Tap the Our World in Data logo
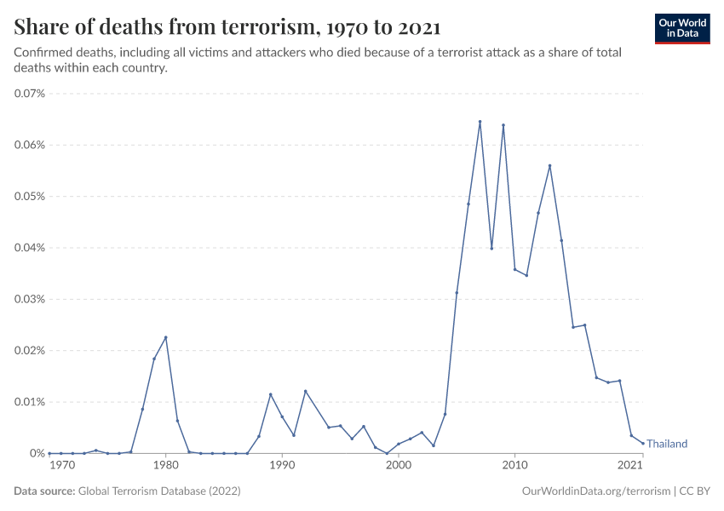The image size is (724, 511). [x=681, y=28]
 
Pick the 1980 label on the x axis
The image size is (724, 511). [x=165, y=466]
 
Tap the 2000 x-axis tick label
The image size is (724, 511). [x=398, y=466]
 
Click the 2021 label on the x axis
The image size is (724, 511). [x=630, y=466]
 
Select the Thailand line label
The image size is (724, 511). [x=667, y=444]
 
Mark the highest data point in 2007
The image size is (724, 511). [x=480, y=122]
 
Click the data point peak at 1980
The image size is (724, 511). [x=165, y=337]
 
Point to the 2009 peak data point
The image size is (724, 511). [x=503, y=125]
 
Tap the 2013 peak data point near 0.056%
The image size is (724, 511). [x=549, y=166]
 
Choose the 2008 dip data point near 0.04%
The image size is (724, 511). [x=491, y=248]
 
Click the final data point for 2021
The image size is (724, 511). [x=642, y=443]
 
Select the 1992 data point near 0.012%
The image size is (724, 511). [x=305, y=391]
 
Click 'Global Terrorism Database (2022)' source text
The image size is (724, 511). [x=158, y=491]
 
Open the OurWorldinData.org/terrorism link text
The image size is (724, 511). [x=593, y=491]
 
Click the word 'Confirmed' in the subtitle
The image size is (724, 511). [x=41, y=53]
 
